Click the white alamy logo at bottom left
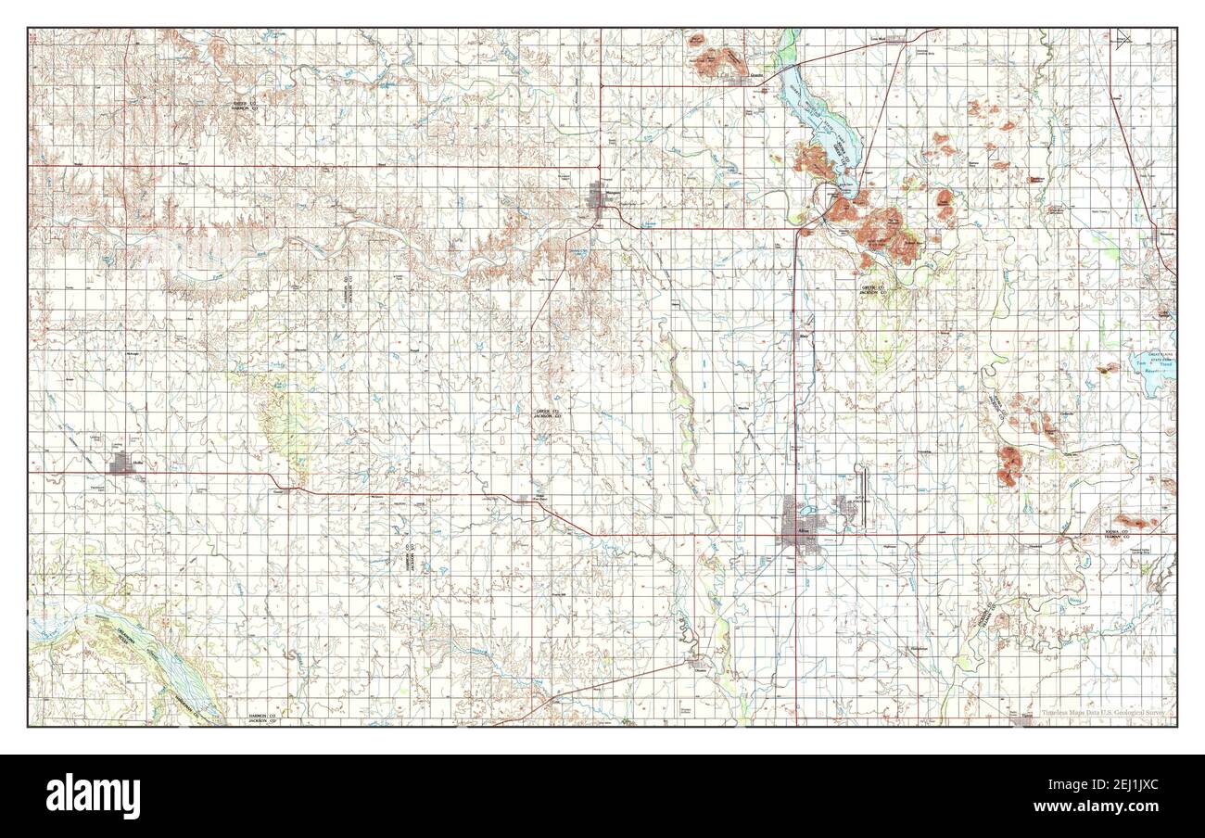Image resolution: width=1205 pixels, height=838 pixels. coord(84,795)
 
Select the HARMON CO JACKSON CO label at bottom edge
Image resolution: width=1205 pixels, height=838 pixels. coord(267,719)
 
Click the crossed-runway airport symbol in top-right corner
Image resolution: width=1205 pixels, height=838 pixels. coord(1123,38)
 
